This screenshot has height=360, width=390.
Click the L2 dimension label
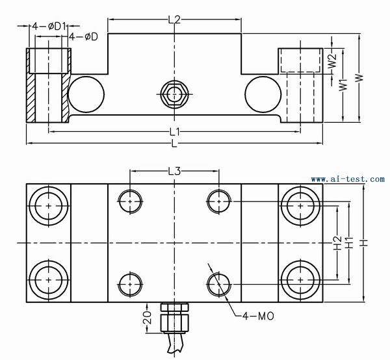(x=174, y=19)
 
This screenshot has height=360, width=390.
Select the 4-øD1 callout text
(x=49, y=26)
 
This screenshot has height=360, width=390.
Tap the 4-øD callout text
(x=83, y=37)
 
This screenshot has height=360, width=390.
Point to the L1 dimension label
(x=174, y=131)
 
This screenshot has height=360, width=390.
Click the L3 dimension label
(x=174, y=172)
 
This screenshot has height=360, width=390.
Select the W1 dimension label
(x=343, y=85)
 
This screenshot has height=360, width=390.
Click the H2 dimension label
(x=337, y=243)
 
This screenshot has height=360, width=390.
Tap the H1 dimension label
(x=349, y=243)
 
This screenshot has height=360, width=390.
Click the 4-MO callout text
(x=258, y=316)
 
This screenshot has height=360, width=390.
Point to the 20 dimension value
(x=148, y=317)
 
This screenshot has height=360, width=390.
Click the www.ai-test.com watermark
(x=348, y=179)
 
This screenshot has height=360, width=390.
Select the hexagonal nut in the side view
(x=174, y=94)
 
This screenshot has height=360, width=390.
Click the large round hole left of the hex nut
(x=86, y=94)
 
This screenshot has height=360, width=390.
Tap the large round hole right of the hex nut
(x=263, y=94)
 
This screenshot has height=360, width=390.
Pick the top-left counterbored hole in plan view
(x=49, y=206)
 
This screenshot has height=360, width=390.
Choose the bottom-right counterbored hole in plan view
(x=301, y=280)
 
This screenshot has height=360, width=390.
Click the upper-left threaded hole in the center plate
(x=130, y=201)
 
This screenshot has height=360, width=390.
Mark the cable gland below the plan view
(x=174, y=318)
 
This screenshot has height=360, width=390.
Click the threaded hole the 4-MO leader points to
(x=219, y=284)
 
